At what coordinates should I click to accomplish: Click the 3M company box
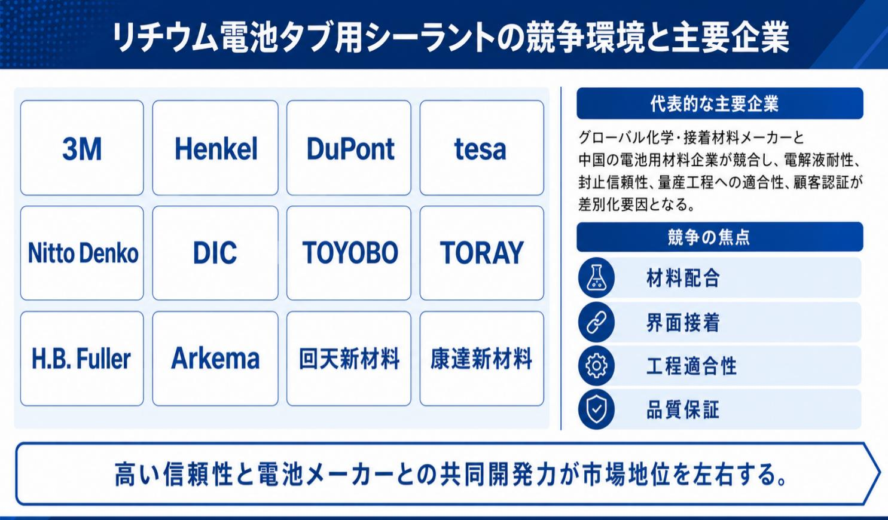coord(82,148)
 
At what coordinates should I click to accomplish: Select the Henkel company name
coord(216,149)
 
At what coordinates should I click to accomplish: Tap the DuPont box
coord(349,148)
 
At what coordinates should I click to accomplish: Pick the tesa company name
coord(480,149)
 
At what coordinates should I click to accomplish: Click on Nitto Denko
coord(83,253)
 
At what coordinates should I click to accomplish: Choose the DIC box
coord(215,253)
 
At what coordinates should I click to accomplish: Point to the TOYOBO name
coord(350,253)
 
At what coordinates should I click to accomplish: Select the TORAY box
coord(481,253)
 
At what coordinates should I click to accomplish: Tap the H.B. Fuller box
coord(82,359)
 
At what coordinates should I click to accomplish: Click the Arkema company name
coord(215,358)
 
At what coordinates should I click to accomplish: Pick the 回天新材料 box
coord(349,359)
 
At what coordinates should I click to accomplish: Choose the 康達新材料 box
coord(481,359)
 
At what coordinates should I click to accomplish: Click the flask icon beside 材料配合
coord(596,277)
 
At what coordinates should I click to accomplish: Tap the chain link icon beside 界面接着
coord(596,322)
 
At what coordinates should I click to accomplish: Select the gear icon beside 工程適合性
coord(596,365)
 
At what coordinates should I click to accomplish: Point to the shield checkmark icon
coord(596,409)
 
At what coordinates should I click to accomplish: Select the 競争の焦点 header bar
coord(720,237)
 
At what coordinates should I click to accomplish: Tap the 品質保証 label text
coord(683,410)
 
